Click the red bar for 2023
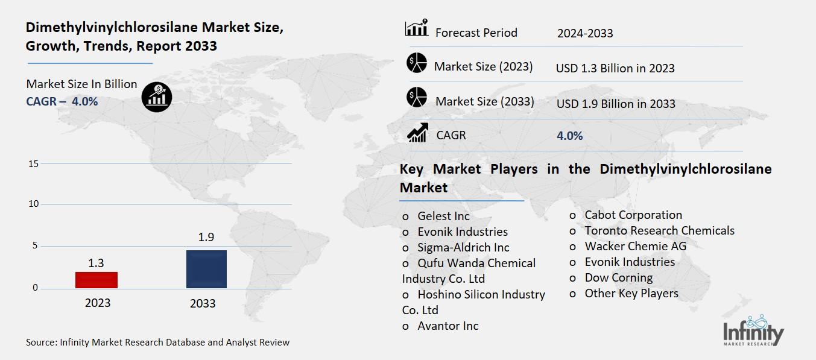[x=96, y=280]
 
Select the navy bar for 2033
[x=206, y=269]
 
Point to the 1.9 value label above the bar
[x=206, y=237]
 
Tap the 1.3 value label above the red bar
[x=96, y=262]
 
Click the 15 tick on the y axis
[x=33, y=164]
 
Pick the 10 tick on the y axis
[x=33, y=204]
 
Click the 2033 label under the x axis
[x=203, y=303]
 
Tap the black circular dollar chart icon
[x=157, y=96]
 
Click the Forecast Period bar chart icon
[x=416, y=28]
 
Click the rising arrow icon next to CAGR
[x=417, y=133]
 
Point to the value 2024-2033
[x=584, y=33]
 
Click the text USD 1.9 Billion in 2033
[x=616, y=104]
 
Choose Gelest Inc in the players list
[x=443, y=216]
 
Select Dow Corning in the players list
[x=618, y=278]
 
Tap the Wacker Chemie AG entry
[x=635, y=246]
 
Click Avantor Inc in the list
[x=448, y=326]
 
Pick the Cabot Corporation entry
[x=633, y=215]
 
